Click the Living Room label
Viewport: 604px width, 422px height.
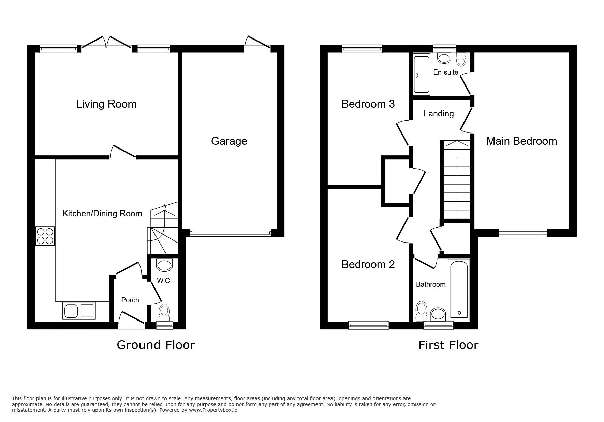coord(106,104)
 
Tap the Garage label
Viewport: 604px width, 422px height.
coord(229,141)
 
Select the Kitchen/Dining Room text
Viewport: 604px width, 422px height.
coord(102,214)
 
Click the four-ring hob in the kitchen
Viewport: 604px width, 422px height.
coord(45,236)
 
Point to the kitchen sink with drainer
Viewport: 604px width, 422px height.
coord(79,311)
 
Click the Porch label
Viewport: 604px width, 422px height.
coord(130,300)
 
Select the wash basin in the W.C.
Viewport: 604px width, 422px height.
coord(164,265)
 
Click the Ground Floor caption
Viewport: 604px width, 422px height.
coord(156,345)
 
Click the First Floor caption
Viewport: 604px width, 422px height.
coord(448,345)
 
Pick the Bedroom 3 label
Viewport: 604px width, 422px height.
coord(368,104)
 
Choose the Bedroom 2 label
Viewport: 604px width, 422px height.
coord(368,264)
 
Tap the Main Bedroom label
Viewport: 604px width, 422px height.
coord(521,141)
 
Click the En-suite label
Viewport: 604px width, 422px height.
coord(446,72)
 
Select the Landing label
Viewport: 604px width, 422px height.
coord(439,114)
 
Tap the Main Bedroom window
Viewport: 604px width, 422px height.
coord(523,233)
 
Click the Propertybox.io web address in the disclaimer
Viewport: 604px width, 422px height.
coord(213,410)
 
